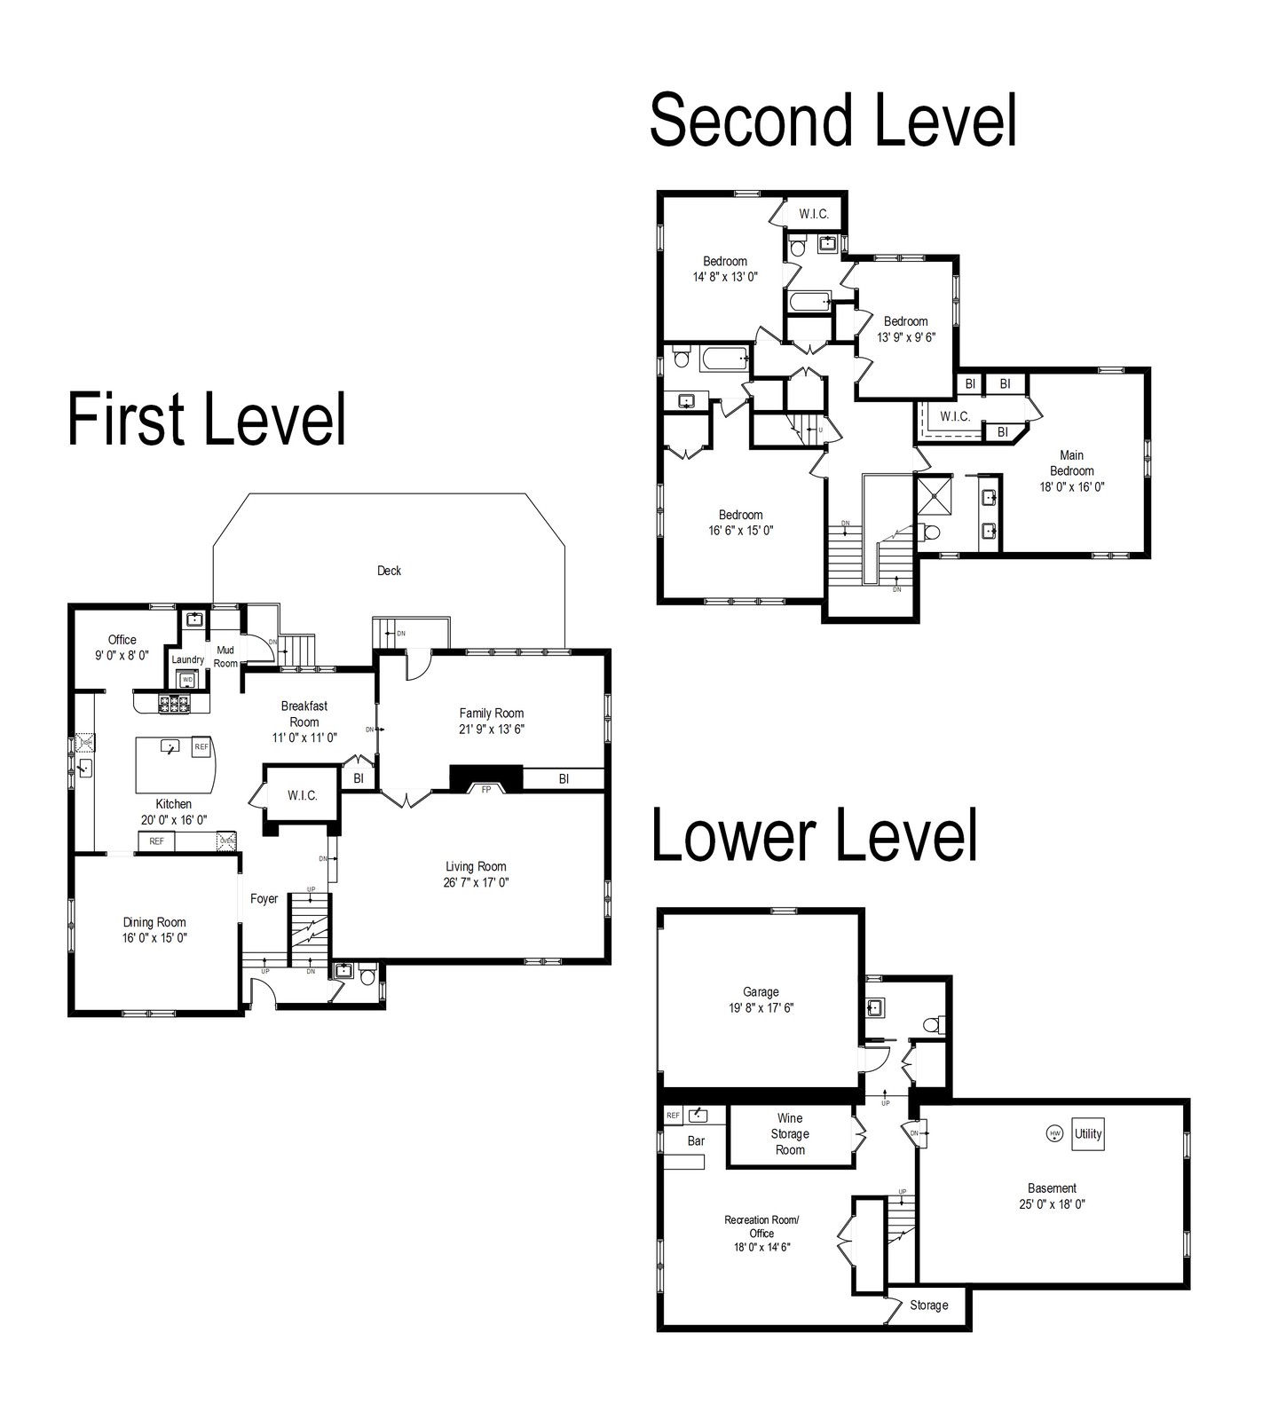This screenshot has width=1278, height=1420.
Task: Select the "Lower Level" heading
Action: coord(815,834)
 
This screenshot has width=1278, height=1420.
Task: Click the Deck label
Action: coord(389,571)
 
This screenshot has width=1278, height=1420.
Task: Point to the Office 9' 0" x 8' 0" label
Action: coord(122,647)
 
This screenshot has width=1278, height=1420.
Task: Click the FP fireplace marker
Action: coord(485,789)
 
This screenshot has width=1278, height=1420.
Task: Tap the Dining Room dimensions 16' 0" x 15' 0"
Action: coord(155,938)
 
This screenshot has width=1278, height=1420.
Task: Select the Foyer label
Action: coord(264,898)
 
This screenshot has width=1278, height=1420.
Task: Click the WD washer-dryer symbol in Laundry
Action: coord(187,680)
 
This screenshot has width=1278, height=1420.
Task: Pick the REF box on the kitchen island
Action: coord(201,747)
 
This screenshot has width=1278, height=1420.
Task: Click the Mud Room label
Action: coord(225,657)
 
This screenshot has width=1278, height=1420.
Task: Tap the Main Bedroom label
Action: coord(1072,470)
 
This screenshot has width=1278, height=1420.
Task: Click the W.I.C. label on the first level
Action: coord(303,795)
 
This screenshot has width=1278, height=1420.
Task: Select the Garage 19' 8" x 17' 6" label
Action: coord(761,999)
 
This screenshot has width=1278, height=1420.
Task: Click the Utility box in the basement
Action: coord(1088,1133)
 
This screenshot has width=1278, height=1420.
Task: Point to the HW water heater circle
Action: coord(1054,1133)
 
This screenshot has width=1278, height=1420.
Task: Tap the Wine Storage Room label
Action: coord(790,1134)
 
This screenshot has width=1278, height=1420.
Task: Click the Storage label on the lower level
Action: coord(928,1305)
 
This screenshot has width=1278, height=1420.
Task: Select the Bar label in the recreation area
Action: coord(696,1140)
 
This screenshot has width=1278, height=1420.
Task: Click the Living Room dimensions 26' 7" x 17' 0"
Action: coord(477,882)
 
